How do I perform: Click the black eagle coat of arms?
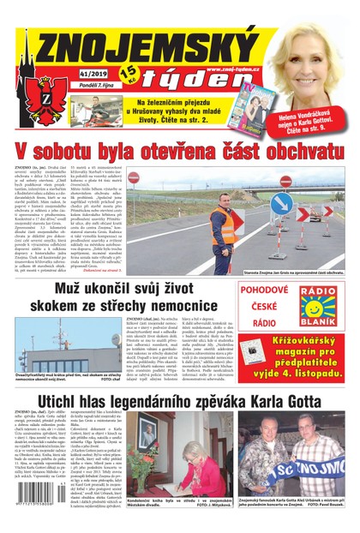pyautogui.click(x=39, y=102)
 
